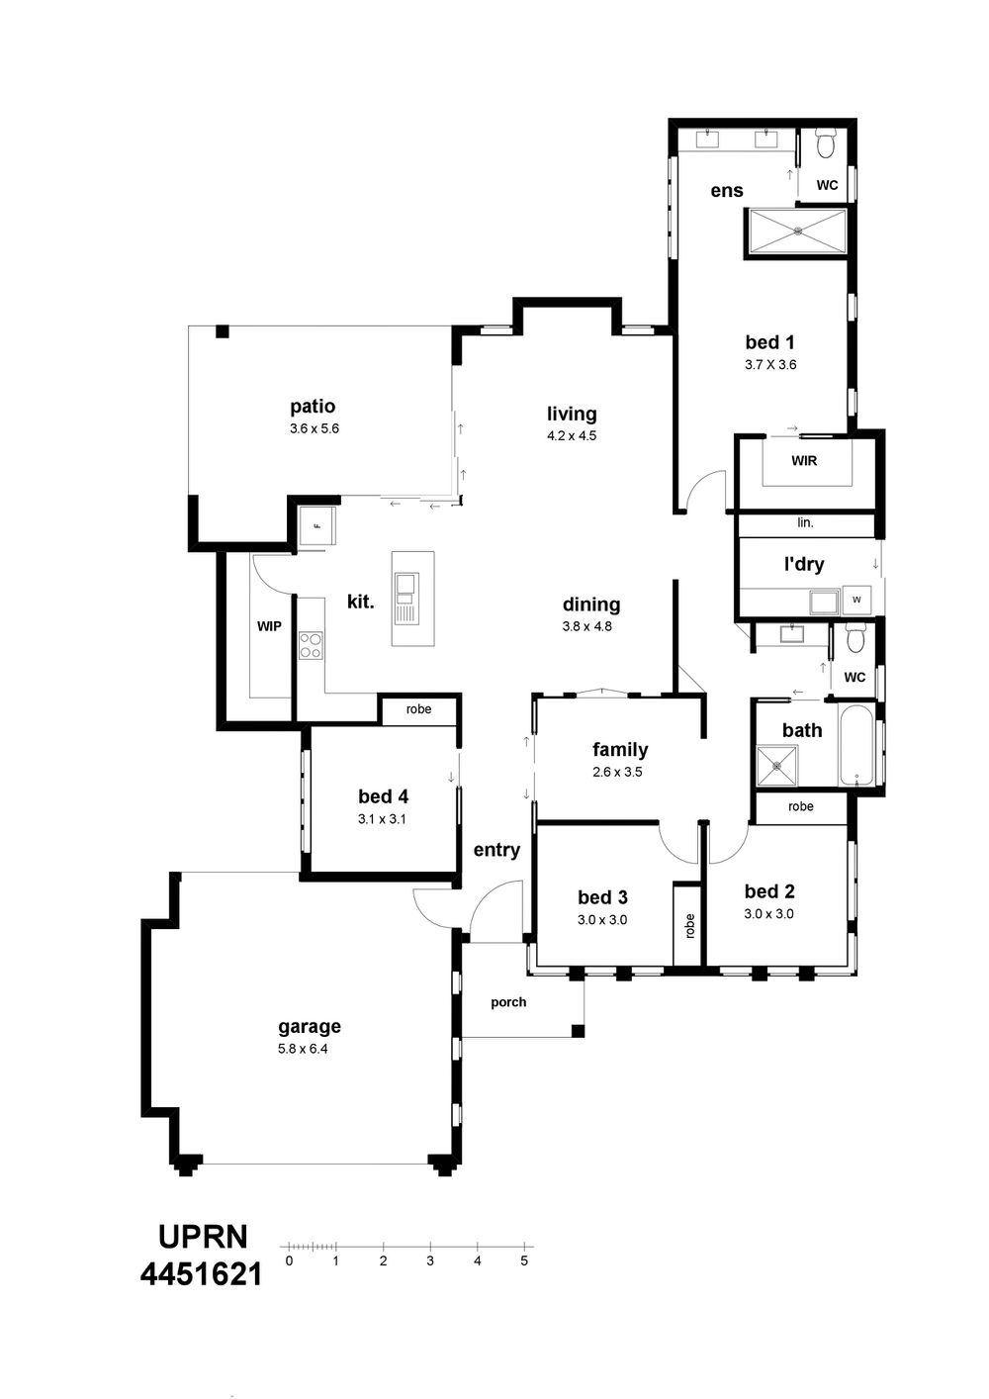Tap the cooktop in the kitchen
pos(311,645)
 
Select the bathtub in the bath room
pos(857,744)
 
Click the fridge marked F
pos(317,526)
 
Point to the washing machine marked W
pos(856,599)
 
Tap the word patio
pos(313,407)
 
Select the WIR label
pos(804,461)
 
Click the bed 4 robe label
pos(418,708)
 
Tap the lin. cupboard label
pos(805,522)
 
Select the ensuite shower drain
pos(798,232)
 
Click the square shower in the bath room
pos(777,765)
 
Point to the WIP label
pos(269,626)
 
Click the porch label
pos(508,1002)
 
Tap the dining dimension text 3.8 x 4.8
pos(586,626)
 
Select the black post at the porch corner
pos(579,1031)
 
